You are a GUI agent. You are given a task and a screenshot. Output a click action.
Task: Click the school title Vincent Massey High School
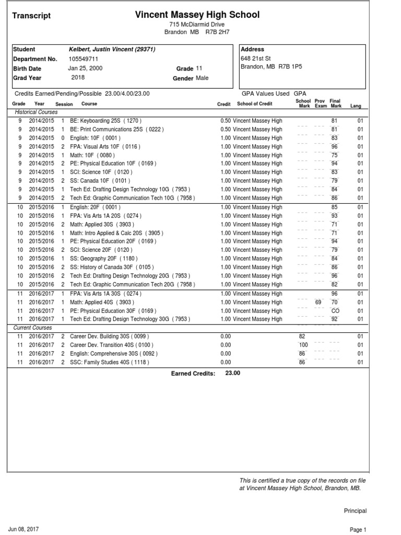197,15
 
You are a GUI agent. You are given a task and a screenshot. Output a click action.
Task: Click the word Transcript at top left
31,16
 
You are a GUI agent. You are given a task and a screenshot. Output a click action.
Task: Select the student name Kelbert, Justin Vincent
112,50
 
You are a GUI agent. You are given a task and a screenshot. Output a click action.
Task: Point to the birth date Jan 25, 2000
86,68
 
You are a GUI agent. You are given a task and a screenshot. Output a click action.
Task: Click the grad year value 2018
78,77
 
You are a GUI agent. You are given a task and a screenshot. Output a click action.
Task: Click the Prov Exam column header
320,103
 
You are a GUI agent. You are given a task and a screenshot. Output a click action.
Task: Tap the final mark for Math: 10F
335,155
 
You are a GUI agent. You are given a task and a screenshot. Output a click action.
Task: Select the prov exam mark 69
319,302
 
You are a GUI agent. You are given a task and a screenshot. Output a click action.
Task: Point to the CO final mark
335,310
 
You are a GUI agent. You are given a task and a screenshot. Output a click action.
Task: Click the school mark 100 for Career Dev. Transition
303,345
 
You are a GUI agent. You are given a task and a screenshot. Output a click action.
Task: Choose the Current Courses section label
33,328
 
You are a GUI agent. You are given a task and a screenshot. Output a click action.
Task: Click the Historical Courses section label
36,112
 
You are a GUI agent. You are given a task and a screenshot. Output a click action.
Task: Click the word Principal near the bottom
355,511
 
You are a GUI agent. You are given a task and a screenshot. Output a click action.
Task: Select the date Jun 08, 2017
23,529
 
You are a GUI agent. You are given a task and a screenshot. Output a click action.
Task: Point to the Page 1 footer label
358,529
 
